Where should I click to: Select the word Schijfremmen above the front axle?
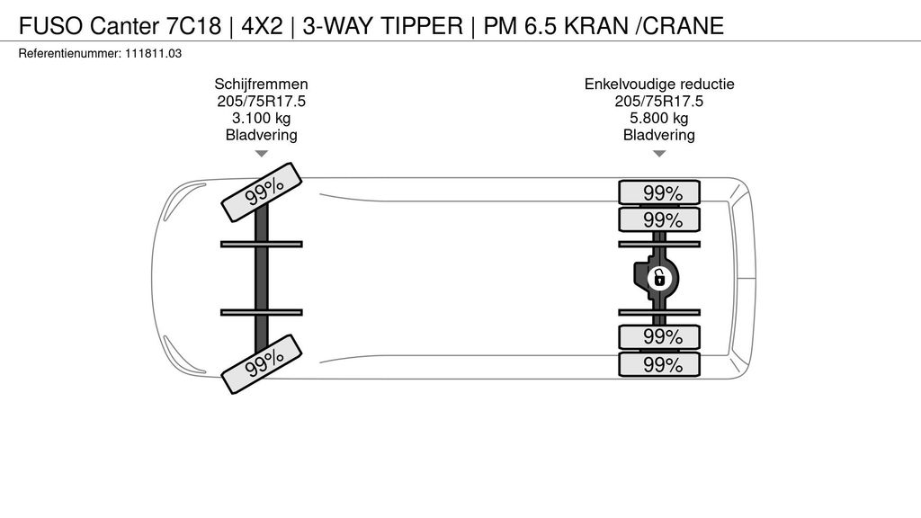tap(261, 84)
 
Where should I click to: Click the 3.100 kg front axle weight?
tap(261, 118)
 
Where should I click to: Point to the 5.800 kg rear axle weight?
tap(659, 118)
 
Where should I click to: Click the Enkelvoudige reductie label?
tap(659, 84)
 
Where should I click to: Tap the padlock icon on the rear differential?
tap(659, 278)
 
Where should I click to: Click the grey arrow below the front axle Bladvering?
tap(261, 154)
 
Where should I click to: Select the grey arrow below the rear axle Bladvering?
tap(659, 154)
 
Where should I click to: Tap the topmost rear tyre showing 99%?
tap(659, 192)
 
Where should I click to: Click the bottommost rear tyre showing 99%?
tap(659, 364)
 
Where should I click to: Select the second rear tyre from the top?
tap(659, 220)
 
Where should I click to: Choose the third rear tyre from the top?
tap(659, 337)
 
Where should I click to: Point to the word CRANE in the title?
tap(681, 25)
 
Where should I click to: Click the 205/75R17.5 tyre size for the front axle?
tap(261, 101)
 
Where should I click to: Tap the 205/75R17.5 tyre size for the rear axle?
tap(659, 101)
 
